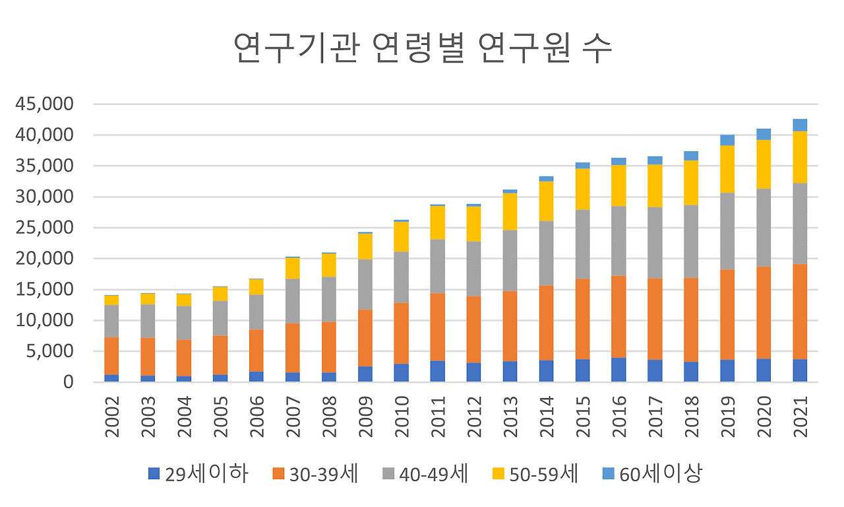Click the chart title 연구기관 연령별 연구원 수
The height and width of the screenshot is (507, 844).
[x=423, y=50]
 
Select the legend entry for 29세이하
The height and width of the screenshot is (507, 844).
[x=198, y=473]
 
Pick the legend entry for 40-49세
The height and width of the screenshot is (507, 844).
[x=425, y=473]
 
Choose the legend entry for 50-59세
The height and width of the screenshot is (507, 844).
[x=535, y=473]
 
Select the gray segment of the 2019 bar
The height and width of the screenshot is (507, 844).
[x=727, y=231]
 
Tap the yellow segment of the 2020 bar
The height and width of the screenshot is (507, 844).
[x=764, y=164]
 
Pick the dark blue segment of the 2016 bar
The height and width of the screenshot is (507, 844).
[x=618, y=370]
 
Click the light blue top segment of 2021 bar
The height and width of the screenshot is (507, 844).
[x=800, y=125]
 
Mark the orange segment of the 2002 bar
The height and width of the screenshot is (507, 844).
[x=111, y=356]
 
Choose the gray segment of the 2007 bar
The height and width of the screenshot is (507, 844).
[x=293, y=301]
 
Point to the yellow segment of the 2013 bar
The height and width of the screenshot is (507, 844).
[x=510, y=212]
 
